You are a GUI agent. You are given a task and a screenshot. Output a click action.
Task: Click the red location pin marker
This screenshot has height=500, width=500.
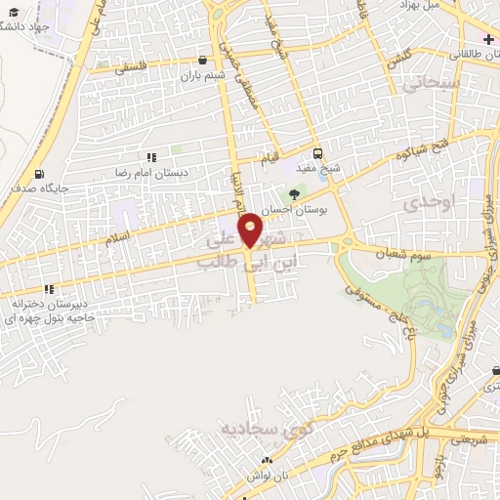tap(251, 230)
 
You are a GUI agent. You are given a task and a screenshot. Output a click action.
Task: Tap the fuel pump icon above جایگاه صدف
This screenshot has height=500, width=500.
tap(39, 173)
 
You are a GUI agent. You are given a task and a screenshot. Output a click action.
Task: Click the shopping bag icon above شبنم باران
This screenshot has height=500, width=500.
tap(202, 60)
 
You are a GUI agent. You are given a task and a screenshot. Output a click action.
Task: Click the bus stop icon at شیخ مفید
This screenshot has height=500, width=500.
tap(317, 153)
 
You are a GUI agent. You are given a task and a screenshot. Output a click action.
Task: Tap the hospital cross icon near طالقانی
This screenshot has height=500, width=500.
tap(487, 39)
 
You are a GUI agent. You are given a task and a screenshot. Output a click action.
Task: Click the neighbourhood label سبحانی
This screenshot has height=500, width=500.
tap(423, 85)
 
